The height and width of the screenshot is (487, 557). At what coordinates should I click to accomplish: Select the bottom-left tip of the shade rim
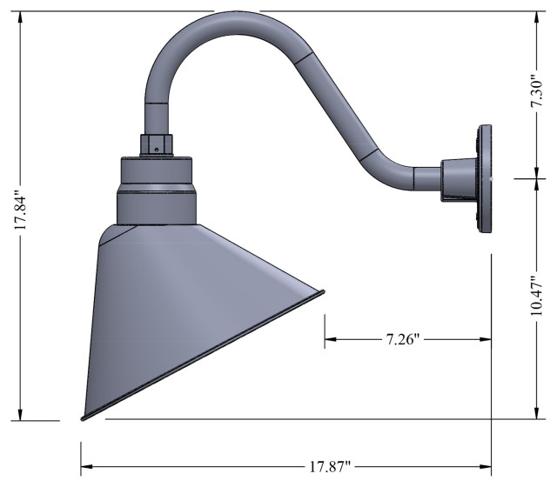click(x=83, y=417)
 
